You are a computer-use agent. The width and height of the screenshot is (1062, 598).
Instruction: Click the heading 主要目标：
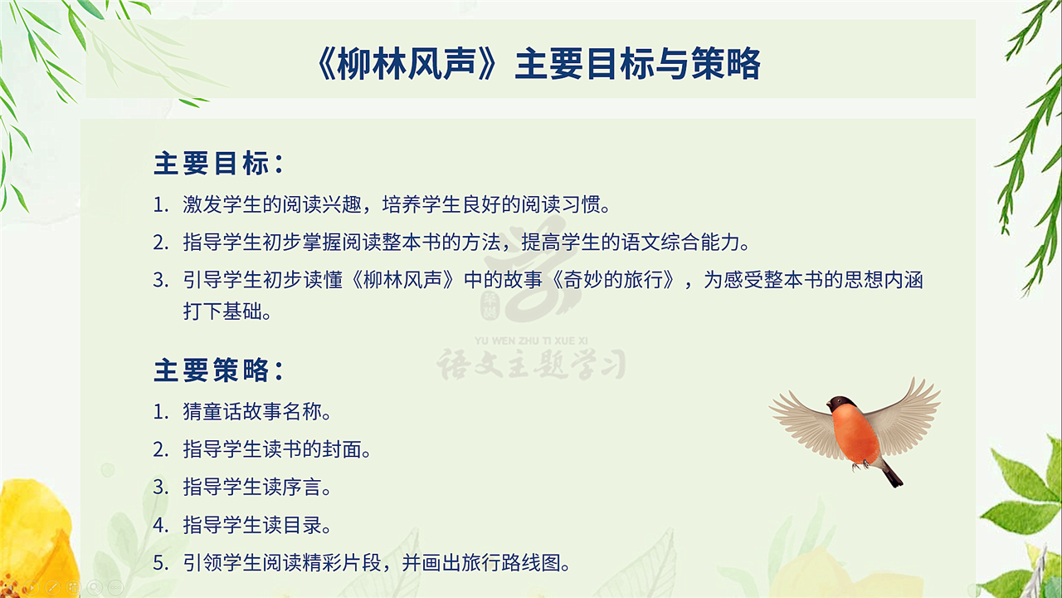219,164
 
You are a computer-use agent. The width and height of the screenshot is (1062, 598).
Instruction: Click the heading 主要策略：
219,370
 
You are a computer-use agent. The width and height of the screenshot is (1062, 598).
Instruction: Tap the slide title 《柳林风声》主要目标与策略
538,64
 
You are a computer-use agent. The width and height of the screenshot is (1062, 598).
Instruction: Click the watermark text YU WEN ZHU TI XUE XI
531,341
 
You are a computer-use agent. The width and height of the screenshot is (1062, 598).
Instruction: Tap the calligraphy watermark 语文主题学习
531,364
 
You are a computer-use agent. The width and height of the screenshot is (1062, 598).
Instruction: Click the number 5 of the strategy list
159,563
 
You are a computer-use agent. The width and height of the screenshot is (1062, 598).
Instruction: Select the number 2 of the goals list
159,243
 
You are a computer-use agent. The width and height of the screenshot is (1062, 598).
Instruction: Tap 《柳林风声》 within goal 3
403,280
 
